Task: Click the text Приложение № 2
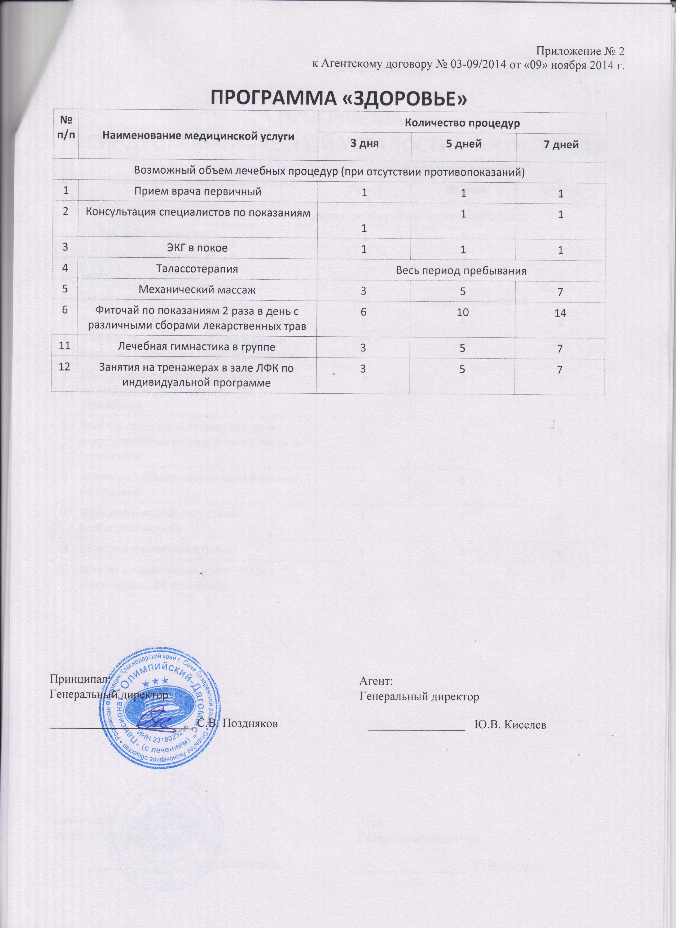click(x=581, y=51)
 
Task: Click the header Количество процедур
click(x=462, y=123)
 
